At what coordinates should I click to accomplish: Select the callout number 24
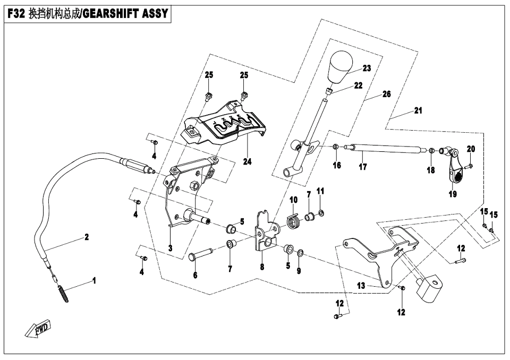[247, 162]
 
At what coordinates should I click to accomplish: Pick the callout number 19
[452, 194]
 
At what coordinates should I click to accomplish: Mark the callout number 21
[418, 110]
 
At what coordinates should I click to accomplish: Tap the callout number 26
[386, 94]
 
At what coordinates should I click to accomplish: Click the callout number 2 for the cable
[86, 237]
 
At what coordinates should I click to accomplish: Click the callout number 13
[361, 286]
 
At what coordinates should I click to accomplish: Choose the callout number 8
[262, 267]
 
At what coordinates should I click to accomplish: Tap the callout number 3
[170, 247]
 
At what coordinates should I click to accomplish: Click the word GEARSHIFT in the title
[110, 14]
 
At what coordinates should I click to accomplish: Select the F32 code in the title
[16, 14]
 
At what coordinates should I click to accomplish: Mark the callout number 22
[359, 85]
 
